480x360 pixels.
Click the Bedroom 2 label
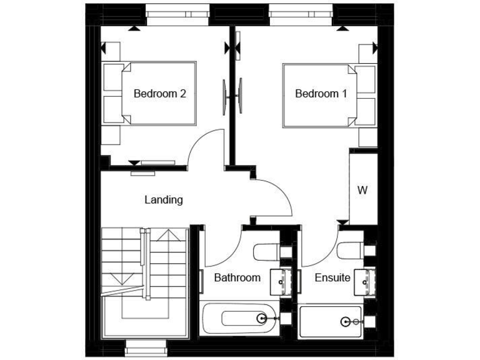coord(160,94)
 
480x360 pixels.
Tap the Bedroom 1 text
coord(321,94)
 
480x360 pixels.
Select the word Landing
coord(164,200)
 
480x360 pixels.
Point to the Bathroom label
coord(237,277)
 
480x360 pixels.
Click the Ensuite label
coord(332,277)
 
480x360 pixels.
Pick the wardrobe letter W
coord(362,190)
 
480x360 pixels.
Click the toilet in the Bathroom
coord(266,252)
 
